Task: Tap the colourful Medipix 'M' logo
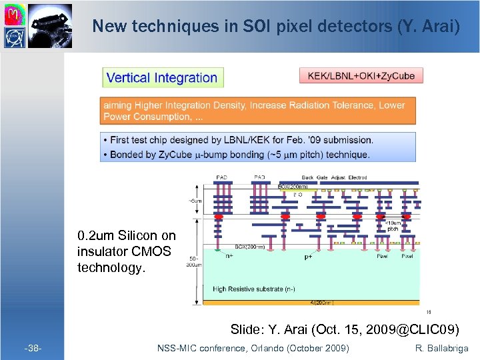pos(15,12)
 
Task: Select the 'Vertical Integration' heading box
pos(163,77)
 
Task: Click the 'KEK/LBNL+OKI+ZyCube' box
pos(361,75)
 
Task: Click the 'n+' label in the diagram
pos(229,255)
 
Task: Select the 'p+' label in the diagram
pos(309,255)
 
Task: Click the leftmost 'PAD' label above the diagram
pos(221,177)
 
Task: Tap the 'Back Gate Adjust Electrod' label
pos(334,177)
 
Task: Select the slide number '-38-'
pos(33,349)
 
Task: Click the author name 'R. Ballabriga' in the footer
pos(441,349)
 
